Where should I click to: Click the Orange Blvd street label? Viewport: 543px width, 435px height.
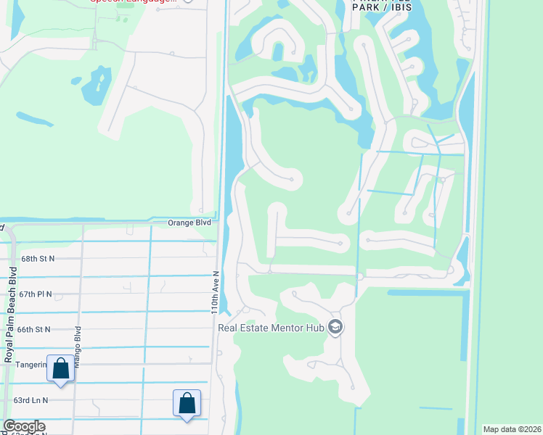point(190,223)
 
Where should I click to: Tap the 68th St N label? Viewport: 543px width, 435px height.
point(38,258)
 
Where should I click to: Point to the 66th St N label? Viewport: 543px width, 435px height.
point(36,329)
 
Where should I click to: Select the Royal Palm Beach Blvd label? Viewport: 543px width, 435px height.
point(10,315)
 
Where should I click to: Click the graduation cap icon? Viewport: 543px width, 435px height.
point(335,328)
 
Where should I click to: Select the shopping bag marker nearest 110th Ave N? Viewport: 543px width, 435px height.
point(187,402)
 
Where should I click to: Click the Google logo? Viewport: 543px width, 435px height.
point(23,426)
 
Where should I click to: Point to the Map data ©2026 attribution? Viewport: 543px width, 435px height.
point(512,429)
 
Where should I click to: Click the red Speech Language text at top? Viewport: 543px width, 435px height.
point(134,1)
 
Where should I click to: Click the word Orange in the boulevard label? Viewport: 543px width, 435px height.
point(179,223)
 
